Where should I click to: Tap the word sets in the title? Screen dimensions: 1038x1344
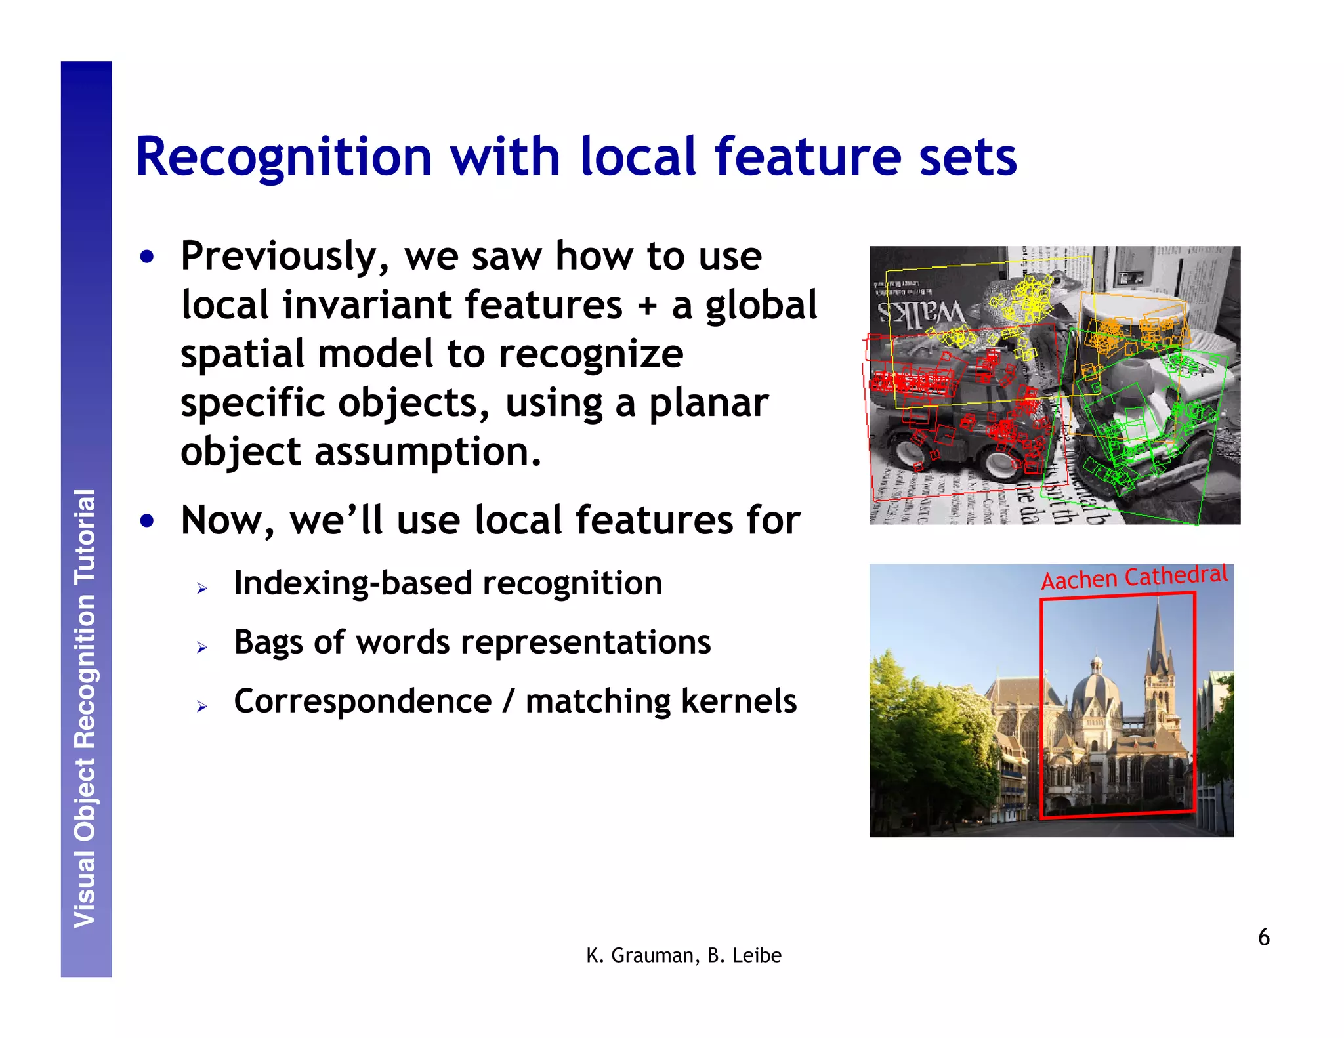click(967, 157)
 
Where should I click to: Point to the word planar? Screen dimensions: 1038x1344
click(708, 403)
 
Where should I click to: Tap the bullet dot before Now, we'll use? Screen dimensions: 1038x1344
click(147, 522)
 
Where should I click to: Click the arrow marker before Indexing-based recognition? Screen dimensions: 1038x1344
click(201, 589)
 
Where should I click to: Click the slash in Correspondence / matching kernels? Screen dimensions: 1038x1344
click(508, 701)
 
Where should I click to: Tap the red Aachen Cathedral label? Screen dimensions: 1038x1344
click(1133, 577)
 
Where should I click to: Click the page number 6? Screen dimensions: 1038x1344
click(1263, 938)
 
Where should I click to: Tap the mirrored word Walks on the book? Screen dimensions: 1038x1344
click(921, 316)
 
